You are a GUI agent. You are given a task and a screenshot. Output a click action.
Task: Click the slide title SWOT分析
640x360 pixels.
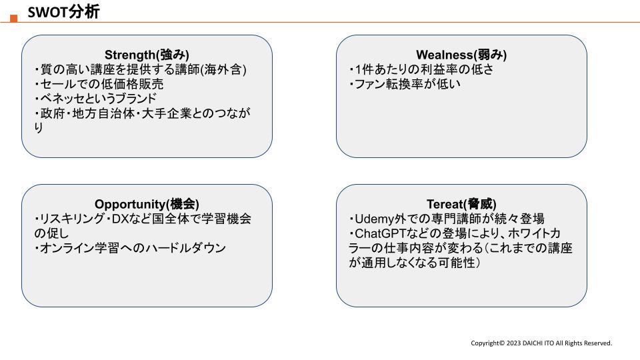[x=63, y=12]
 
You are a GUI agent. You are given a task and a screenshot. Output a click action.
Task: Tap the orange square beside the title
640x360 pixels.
[x=14, y=19]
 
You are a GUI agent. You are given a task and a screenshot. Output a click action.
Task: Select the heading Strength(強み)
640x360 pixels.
[x=147, y=55]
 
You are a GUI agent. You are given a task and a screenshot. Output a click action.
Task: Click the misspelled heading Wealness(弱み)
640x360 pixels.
[x=461, y=55]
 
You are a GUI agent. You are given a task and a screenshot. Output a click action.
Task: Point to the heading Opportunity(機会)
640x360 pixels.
[x=147, y=204]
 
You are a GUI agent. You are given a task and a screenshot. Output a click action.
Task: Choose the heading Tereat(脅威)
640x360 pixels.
[x=461, y=204]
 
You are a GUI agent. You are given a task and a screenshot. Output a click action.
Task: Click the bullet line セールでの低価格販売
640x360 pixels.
[x=99, y=84]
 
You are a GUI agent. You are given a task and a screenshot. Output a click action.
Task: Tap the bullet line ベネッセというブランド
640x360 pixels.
[x=95, y=99]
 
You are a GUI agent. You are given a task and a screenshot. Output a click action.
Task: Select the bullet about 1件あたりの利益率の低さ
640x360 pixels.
[x=421, y=69]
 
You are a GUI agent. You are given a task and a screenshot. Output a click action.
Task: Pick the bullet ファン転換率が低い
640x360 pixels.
[x=405, y=84]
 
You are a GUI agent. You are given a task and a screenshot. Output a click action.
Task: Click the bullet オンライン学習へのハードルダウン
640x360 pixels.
[x=130, y=248]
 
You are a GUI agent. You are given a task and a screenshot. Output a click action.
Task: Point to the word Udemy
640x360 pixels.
[x=374, y=219]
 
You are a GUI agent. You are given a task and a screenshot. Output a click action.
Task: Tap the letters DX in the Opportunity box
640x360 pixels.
[x=121, y=219]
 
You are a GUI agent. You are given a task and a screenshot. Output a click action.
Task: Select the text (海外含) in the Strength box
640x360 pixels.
[x=223, y=69]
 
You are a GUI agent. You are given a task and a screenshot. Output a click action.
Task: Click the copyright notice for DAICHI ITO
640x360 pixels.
[x=541, y=343]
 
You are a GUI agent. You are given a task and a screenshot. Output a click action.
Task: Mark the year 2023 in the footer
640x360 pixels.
[x=513, y=343]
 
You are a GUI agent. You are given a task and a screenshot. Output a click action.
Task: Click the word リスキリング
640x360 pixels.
[x=72, y=219]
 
